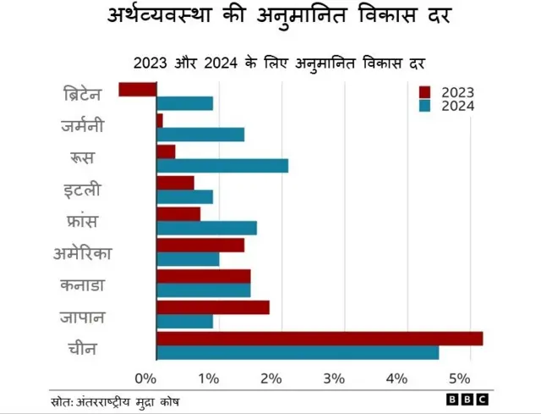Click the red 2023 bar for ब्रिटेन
(138, 89)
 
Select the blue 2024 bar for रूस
(222, 165)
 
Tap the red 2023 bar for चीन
(320, 339)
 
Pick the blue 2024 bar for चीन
(298, 352)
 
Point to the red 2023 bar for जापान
(213, 307)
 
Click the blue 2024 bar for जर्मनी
(200, 134)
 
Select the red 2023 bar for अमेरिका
(200, 245)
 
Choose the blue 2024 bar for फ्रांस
(206, 228)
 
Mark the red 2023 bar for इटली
(175, 182)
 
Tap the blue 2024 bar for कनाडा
(204, 290)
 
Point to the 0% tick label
(145, 377)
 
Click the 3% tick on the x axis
(334, 377)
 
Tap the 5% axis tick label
(459, 377)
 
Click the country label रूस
(82, 158)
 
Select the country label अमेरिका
(83, 253)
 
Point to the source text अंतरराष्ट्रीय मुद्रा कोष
(127, 400)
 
